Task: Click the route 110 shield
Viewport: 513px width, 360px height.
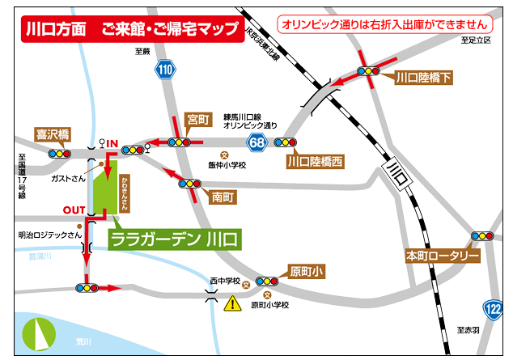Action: tap(166, 70)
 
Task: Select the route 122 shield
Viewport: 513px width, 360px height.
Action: tap(492, 308)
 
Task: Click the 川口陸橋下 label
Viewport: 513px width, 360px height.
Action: tap(423, 78)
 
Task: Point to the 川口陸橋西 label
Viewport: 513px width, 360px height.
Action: tap(315, 162)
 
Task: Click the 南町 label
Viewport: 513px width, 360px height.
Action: tap(223, 196)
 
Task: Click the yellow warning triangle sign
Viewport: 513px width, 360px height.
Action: tap(233, 304)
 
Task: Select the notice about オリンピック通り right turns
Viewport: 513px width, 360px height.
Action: tap(384, 25)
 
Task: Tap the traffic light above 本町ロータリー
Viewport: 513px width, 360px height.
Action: tap(482, 236)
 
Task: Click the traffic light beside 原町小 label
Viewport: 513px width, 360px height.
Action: tap(267, 281)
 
